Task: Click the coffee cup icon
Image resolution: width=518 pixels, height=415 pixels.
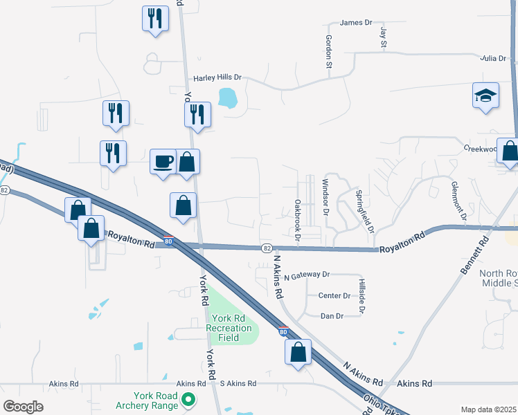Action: click(163, 162)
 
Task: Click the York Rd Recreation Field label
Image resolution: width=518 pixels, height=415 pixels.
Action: click(231, 328)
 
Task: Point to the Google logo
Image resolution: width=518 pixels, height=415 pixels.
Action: click(24, 406)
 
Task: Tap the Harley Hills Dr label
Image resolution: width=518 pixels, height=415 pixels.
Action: click(217, 78)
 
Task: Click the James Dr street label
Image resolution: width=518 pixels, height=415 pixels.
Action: click(356, 23)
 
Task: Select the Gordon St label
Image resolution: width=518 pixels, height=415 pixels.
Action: click(329, 52)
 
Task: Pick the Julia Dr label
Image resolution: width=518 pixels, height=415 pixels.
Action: click(493, 59)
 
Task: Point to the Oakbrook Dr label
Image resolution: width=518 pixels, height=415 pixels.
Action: click(297, 219)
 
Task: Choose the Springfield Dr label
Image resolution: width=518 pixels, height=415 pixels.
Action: click(364, 210)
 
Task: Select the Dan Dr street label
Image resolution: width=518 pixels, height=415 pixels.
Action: click(332, 316)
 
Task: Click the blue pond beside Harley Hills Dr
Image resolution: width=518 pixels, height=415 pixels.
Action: click(227, 98)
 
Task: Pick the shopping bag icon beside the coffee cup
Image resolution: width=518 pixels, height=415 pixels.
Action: click(187, 162)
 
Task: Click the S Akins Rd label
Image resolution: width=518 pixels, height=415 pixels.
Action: click(238, 383)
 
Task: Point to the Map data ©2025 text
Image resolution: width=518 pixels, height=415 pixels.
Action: click(488, 409)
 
